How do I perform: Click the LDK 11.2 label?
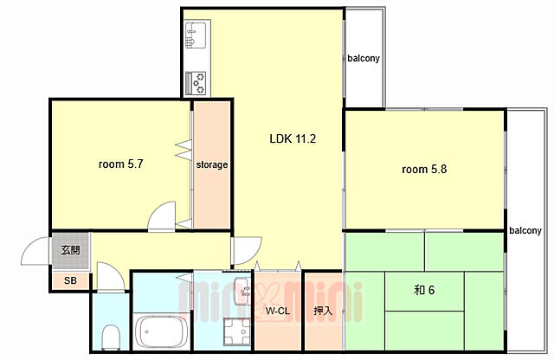coord(293,138)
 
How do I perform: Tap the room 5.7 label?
coord(121,164)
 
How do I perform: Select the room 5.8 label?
coord(424,170)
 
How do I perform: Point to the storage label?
coord(211,164)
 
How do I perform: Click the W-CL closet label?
coord(278,311)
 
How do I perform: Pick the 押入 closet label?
coord(323,311)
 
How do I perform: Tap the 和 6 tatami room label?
coord(424,290)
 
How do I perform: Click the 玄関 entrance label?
coord(70,250)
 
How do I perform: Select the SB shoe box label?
coord(70,281)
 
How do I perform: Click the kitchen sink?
coord(196,35)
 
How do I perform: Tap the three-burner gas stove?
coord(196,83)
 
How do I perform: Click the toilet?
coord(110,337)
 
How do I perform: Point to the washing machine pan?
coord(236,331)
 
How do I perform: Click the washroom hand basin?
coord(242,292)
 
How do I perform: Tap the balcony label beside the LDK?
coord(364,58)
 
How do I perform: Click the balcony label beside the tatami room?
coord(525,230)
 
